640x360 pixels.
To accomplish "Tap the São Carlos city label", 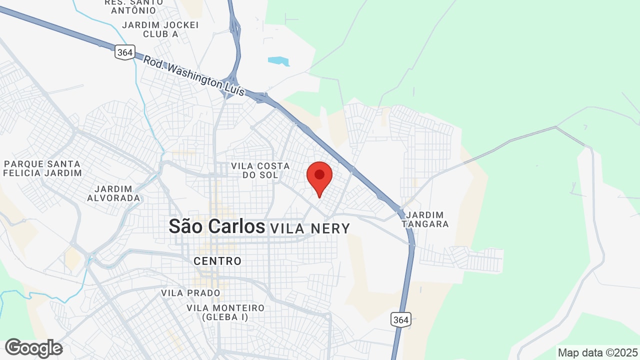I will (216, 226).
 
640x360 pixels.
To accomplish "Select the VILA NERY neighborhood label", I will (310, 228).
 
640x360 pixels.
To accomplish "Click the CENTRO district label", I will (217, 261).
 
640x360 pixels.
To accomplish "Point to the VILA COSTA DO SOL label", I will (260, 170).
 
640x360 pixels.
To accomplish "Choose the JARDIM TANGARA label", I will (425, 219).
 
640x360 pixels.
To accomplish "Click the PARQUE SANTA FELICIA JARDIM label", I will (42, 168).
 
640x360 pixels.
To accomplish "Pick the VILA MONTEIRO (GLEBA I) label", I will (225, 312).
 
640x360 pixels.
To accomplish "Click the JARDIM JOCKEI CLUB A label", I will (160, 29).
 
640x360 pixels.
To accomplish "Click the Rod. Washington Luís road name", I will (194, 75).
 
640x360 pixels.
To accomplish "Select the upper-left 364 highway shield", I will (124, 52).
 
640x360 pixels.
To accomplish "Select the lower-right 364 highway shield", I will (400, 319).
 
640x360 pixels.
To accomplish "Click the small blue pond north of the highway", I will (278, 61).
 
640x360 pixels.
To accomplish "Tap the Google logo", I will (33, 348).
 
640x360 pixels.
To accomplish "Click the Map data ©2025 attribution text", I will (598, 352).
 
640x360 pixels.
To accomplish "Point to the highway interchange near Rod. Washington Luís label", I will (232, 82).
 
